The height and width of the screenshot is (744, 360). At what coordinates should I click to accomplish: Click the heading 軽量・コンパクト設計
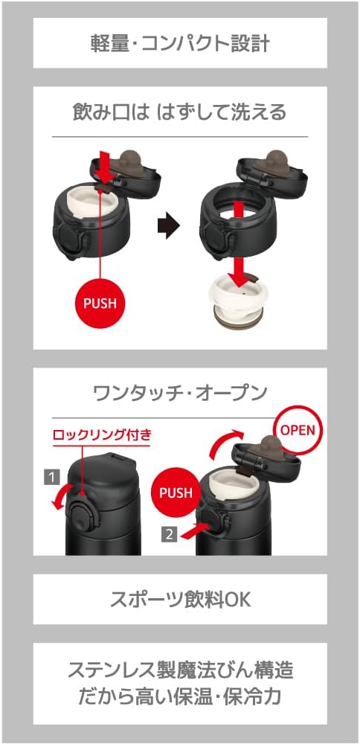click(x=180, y=43)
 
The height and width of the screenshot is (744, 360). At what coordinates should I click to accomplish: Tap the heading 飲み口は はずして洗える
click(x=180, y=112)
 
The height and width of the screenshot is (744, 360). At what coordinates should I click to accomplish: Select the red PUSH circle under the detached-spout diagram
click(x=100, y=303)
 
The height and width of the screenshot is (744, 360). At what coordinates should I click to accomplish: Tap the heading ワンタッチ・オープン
click(x=180, y=393)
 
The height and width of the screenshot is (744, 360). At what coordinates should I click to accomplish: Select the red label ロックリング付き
click(x=102, y=434)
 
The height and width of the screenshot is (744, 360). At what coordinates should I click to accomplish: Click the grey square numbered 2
click(x=170, y=534)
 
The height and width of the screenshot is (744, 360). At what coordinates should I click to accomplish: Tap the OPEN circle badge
click(x=298, y=429)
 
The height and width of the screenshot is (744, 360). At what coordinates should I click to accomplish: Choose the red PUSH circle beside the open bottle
click(x=176, y=492)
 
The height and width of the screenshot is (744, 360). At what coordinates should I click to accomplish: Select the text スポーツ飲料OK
click(x=180, y=599)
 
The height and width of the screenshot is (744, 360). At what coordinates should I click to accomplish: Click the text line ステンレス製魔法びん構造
click(x=180, y=671)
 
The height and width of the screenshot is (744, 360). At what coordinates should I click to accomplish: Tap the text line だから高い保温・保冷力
click(x=180, y=696)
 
